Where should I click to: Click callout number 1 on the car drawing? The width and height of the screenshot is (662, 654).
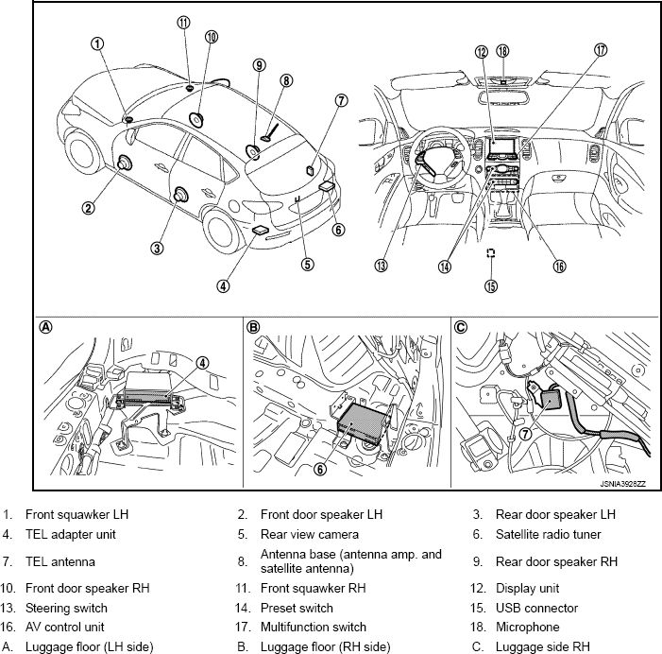coord(98,43)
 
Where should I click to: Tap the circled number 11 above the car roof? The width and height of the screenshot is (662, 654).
coord(183,23)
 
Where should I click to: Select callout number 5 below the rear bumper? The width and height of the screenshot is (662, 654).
coord(307,264)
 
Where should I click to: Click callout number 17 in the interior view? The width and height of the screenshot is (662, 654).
coord(601,50)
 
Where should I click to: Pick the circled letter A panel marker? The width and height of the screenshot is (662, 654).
coord(44,327)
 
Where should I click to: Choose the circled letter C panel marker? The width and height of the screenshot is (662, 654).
coord(461,327)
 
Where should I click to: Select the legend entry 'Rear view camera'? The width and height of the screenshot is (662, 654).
coord(307,534)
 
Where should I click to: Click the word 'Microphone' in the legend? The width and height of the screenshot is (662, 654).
coord(527,627)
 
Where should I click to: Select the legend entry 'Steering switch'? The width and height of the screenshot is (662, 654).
coord(67,608)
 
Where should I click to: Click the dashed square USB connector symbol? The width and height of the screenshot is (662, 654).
coord(490,253)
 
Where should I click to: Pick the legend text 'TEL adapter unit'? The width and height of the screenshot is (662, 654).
coord(72,534)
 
